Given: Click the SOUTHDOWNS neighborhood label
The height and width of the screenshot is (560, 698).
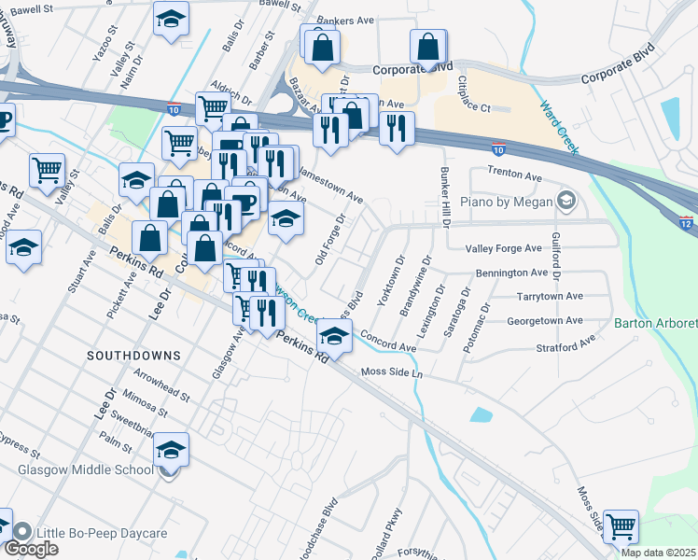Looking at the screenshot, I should click(x=126, y=356).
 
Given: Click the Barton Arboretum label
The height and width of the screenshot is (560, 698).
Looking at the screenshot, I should click(x=655, y=324).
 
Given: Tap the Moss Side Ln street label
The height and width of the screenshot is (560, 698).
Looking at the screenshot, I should click(x=392, y=373).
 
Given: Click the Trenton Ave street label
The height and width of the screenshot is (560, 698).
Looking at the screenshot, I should click(x=515, y=175).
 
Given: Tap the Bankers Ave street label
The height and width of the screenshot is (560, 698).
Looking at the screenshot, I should click(x=345, y=45).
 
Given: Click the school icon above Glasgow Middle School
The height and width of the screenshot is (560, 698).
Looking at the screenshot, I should click(x=171, y=449).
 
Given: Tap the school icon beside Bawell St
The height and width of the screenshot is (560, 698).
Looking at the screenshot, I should click(x=171, y=21).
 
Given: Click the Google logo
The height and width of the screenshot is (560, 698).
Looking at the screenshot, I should click(x=31, y=549).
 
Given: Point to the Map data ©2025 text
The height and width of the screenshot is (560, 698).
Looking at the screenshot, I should click(x=657, y=553).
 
